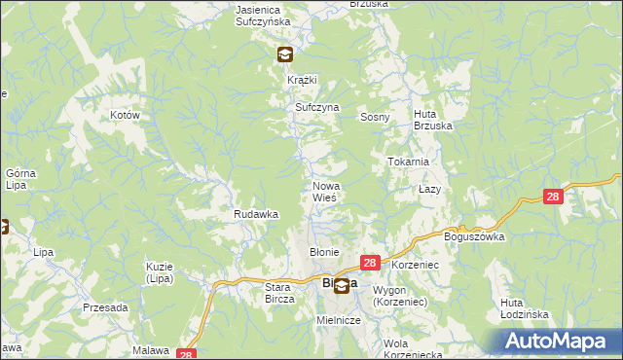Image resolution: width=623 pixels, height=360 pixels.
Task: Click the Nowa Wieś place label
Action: click(x=324, y=192)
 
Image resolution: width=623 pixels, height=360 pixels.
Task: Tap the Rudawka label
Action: click(x=256, y=214)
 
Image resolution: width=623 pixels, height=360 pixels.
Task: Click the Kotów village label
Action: click(x=126, y=115)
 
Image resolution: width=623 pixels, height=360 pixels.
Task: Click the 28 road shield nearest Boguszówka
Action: click(x=553, y=197)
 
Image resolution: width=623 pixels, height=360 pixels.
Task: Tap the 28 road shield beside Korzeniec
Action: click(x=370, y=263)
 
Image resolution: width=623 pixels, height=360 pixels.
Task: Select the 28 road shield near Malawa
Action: click(x=188, y=354)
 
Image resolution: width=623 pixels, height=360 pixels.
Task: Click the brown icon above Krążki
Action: click(x=284, y=55)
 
